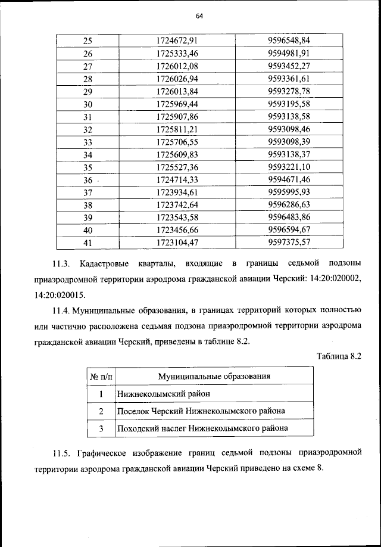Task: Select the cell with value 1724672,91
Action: [177, 41]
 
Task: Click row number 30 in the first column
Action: [88, 104]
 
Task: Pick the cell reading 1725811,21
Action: [177, 129]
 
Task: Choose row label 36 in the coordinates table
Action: [88, 179]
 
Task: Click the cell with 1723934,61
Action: [177, 192]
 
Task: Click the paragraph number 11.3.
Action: [62, 263]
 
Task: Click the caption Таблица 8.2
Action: [339, 356]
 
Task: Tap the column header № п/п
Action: [101, 377]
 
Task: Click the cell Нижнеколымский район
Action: [163, 394]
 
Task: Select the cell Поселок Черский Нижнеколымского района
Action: [201, 411]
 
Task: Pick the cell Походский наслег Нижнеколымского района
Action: [202, 428]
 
